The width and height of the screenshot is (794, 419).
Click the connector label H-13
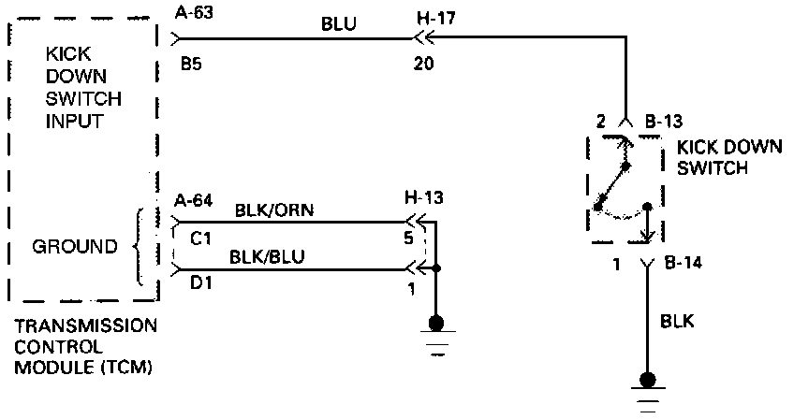tap(423, 198)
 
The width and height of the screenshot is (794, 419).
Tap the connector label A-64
tap(194, 199)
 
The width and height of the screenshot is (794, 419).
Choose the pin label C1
tap(199, 238)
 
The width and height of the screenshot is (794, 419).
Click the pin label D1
tap(199, 283)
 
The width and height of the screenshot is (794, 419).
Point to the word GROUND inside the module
tap(75, 248)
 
